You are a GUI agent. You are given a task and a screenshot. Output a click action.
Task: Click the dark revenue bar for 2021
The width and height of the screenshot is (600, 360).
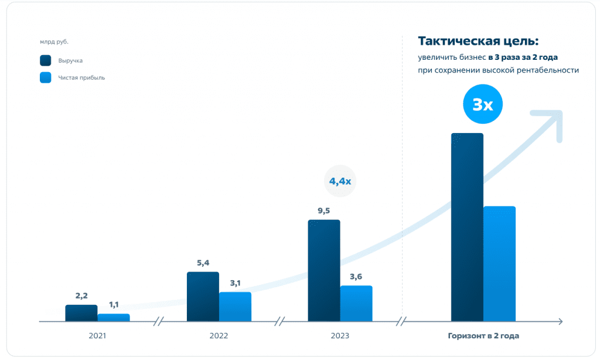click(x=81, y=313)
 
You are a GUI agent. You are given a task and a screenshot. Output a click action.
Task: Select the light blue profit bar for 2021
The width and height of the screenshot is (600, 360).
click(x=114, y=317)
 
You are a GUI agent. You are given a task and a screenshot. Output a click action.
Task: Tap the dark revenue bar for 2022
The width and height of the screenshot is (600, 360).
click(x=203, y=297)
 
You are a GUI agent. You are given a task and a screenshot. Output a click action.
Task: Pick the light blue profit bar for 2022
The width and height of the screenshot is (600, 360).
click(x=235, y=307)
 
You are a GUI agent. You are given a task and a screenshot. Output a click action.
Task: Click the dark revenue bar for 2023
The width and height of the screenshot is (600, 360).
click(x=324, y=271)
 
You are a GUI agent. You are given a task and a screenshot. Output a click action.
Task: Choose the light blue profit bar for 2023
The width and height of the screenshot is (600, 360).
click(x=356, y=304)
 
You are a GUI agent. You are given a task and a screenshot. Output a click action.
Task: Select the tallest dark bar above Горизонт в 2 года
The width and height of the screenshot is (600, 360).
click(x=467, y=227)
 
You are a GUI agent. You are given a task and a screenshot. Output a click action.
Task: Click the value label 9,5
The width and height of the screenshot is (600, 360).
click(x=323, y=210)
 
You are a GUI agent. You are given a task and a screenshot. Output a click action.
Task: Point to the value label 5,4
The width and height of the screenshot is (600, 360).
click(x=203, y=263)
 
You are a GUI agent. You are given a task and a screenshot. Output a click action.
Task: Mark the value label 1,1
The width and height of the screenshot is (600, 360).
click(x=114, y=305)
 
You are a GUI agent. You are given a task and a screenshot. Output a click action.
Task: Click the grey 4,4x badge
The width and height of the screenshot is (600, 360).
click(x=340, y=182)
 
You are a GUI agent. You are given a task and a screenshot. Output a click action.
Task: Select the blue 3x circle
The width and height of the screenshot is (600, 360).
click(x=483, y=105)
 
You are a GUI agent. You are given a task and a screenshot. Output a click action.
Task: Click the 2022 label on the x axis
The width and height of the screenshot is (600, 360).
click(x=218, y=336)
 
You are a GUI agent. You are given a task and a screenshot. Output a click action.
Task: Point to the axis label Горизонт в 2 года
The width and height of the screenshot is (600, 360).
click(x=483, y=336)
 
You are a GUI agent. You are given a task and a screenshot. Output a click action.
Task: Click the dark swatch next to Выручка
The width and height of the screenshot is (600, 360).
click(x=46, y=60)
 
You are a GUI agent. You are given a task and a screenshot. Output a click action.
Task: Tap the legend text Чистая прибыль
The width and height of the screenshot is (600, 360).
click(x=81, y=77)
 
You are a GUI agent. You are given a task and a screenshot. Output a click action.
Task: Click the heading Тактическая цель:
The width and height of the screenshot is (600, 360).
click(x=478, y=41)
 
